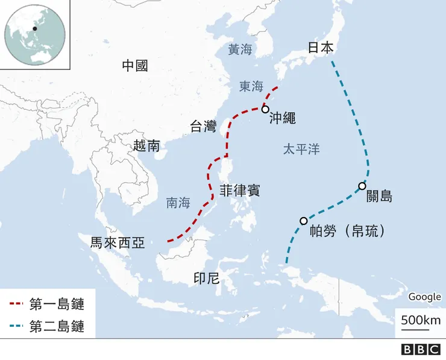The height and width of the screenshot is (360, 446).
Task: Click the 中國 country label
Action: pos(134,66)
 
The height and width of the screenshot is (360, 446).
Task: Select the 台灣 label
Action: pos(203,127)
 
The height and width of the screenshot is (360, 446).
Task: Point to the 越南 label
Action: pos(147,145)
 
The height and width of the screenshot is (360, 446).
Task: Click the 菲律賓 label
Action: pos(240,190)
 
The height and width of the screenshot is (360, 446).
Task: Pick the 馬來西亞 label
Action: pos(118,243)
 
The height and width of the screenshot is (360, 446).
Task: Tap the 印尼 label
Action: pos(206,278)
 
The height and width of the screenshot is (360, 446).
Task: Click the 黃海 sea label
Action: pos(240,49)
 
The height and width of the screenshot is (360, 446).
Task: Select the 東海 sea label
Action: pos(251,86)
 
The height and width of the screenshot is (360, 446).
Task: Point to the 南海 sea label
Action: pos(178,203)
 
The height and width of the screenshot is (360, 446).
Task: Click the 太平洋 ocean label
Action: pos(301,150)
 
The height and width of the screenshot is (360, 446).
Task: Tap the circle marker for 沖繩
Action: pos(265,109)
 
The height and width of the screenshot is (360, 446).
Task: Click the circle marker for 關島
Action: pos(362,186)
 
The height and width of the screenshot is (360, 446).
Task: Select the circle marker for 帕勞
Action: pos(303,221)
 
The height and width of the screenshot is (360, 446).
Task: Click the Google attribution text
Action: pos(424,297)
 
